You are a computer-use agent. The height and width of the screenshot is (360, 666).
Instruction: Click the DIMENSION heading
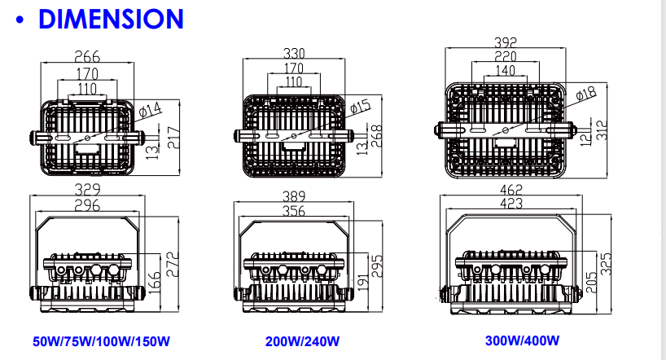111,19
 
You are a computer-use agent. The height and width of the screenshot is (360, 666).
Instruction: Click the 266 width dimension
87,56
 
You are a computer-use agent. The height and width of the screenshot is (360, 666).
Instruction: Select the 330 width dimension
294,53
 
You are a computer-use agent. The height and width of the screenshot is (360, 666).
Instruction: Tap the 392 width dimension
506,42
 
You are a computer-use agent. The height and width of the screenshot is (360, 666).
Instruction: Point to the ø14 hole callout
151,110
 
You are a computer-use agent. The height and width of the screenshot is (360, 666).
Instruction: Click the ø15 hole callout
360,106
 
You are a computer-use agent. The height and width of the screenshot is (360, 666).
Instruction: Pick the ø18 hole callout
586,94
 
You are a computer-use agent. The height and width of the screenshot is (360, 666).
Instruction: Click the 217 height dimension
173,138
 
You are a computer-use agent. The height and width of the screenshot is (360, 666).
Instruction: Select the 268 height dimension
377,136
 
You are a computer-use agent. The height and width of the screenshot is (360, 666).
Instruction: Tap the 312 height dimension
602,130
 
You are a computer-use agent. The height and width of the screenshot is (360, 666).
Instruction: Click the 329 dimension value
87,189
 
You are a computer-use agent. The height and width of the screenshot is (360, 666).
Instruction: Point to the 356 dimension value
294,211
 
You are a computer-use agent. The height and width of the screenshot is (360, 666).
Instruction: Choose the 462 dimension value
511,190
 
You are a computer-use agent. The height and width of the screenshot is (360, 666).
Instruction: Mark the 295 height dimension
377,266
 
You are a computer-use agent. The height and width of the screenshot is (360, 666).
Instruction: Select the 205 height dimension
592,283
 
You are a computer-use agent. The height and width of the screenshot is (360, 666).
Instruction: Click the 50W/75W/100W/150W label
101,341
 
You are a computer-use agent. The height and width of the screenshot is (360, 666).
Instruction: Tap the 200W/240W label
302,341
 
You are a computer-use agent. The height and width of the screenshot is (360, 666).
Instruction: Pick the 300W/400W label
523,340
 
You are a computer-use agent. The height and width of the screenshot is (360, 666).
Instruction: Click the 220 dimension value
506,56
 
